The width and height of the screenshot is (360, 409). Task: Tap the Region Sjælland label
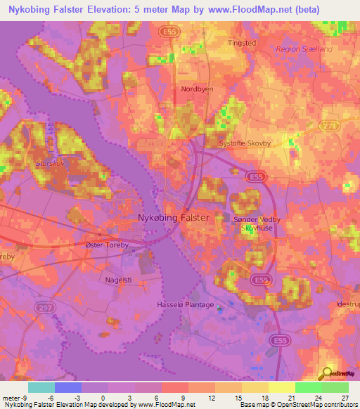click(304, 49)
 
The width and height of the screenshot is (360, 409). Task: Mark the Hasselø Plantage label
click(185, 306)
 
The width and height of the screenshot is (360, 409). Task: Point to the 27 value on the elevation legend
click(344, 398)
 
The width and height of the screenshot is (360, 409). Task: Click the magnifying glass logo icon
click(326, 372)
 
